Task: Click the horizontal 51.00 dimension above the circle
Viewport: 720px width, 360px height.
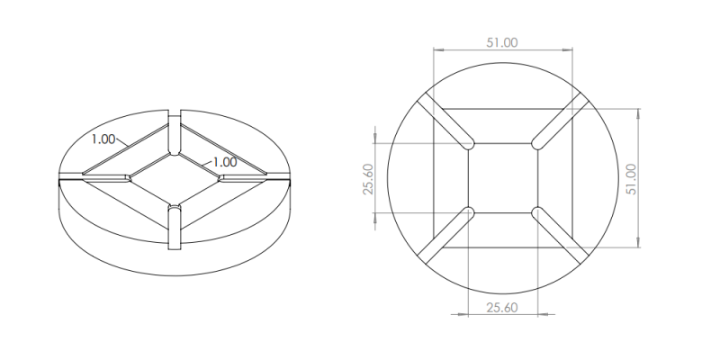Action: click(502, 42)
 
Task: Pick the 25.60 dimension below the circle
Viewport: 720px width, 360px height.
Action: click(502, 308)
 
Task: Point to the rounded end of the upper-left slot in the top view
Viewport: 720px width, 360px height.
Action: click(468, 143)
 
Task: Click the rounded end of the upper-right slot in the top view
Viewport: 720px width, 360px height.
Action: click(537, 143)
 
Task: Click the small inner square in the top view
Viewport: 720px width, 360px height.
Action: click(502, 178)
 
